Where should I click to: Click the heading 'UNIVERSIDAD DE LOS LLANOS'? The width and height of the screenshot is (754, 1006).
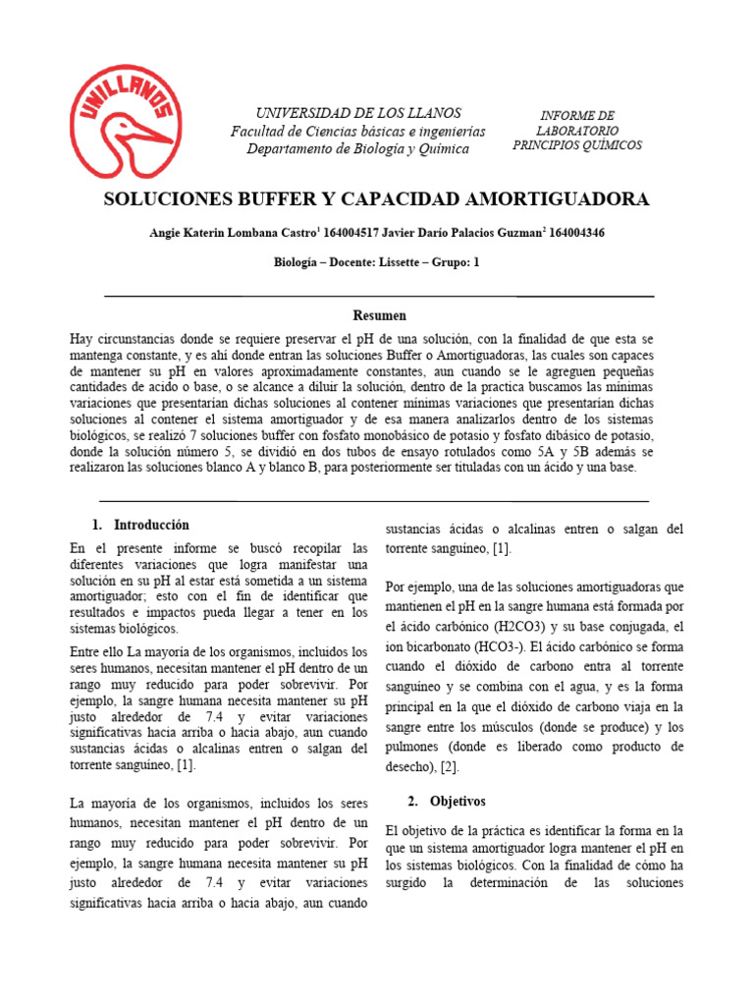(x=358, y=113)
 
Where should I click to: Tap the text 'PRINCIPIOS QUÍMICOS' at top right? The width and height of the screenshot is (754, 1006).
(x=577, y=145)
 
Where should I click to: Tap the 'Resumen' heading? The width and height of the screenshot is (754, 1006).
(x=379, y=315)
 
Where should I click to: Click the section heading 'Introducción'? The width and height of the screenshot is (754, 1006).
(x=151, y=525)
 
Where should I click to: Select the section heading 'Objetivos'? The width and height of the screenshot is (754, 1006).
(x=456, y=802)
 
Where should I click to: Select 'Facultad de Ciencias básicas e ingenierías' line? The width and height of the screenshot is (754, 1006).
(x=358, y=131)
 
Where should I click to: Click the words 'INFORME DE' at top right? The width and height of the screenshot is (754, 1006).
(x=577, y=115)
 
